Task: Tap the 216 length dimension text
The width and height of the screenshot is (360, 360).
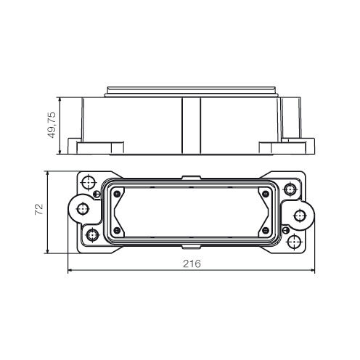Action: point(191,263)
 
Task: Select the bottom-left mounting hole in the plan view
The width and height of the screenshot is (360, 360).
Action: point(92,235)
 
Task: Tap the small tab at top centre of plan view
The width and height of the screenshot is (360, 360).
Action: point(190,175)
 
